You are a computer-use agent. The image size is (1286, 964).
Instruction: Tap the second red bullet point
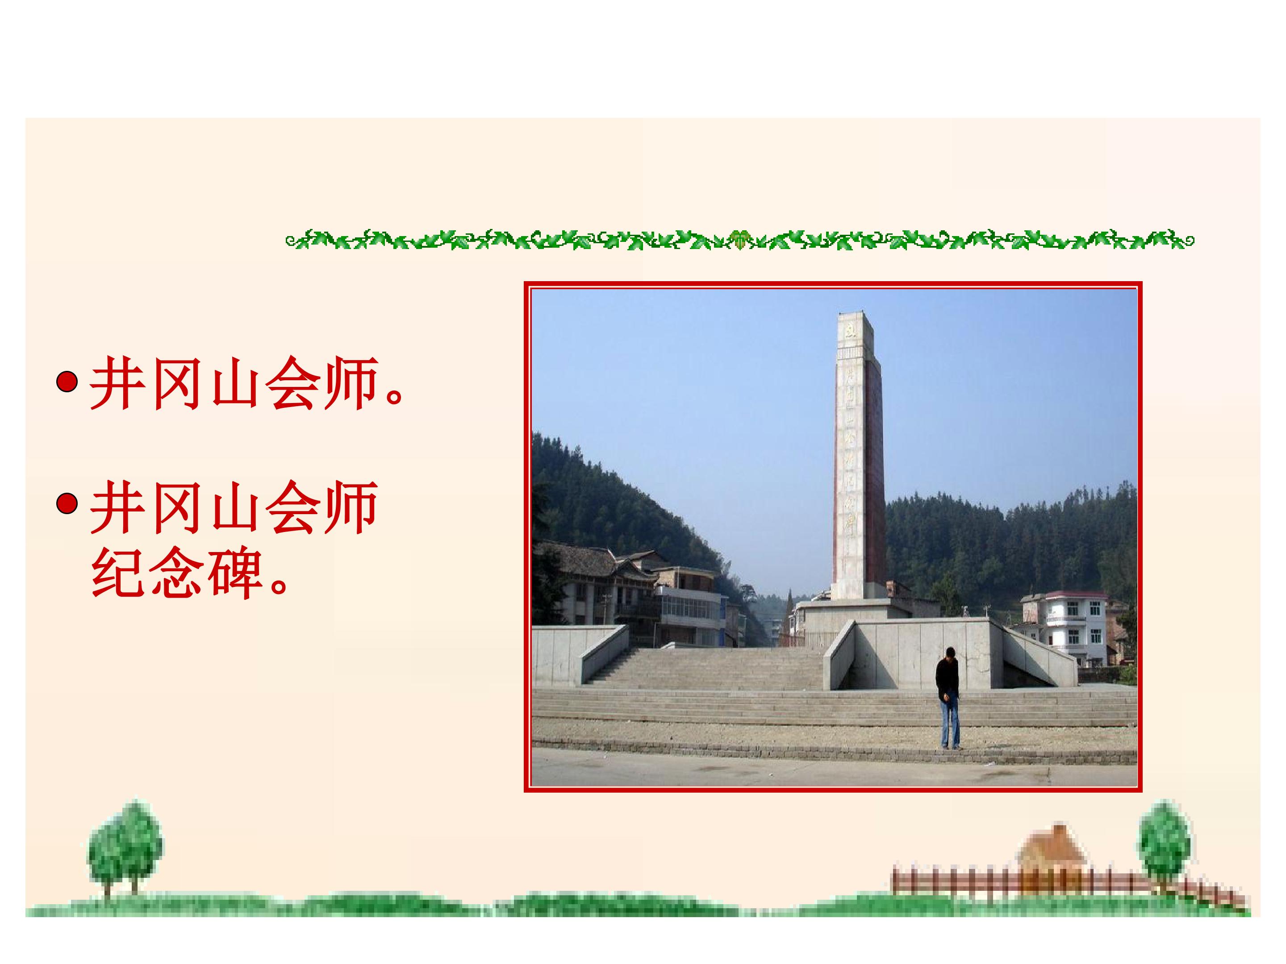coord(67,504)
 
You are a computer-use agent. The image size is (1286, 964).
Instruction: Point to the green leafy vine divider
coord(739,239)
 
